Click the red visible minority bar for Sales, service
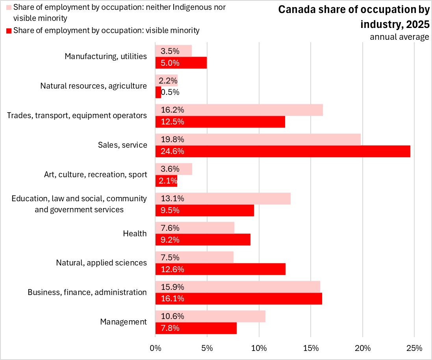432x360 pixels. (283, 151)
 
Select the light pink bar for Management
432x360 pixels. (210, 316)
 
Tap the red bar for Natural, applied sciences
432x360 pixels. (221, 269)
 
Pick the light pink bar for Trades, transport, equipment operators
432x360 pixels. (239, 110)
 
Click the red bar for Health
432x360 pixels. (203, 240)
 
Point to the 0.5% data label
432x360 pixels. (170, 92)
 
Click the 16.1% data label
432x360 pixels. (170, 299)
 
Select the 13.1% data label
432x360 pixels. (170, 199)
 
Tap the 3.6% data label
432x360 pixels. (170, 169)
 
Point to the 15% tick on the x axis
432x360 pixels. (311, 348)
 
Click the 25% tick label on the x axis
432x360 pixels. (414, 348)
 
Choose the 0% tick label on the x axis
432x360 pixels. (156, 348)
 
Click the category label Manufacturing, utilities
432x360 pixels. (106, 56)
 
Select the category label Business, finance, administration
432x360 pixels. (87, 292)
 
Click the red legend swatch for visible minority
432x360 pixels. (9, 30)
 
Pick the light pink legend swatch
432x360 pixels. (9, 7)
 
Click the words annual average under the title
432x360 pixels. (399, 37)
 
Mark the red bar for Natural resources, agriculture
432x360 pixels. (158, 92)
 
